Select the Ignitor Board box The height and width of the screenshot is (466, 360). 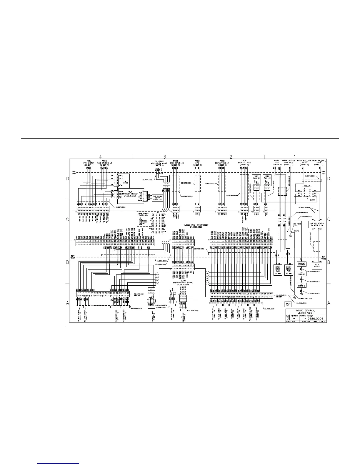pos(316,224)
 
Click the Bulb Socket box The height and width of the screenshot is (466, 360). pos(316,265)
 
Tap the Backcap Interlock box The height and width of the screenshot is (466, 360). pos(302,264)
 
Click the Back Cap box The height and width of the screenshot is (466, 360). pos(287,304)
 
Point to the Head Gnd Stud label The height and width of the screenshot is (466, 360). pos(304,298)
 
